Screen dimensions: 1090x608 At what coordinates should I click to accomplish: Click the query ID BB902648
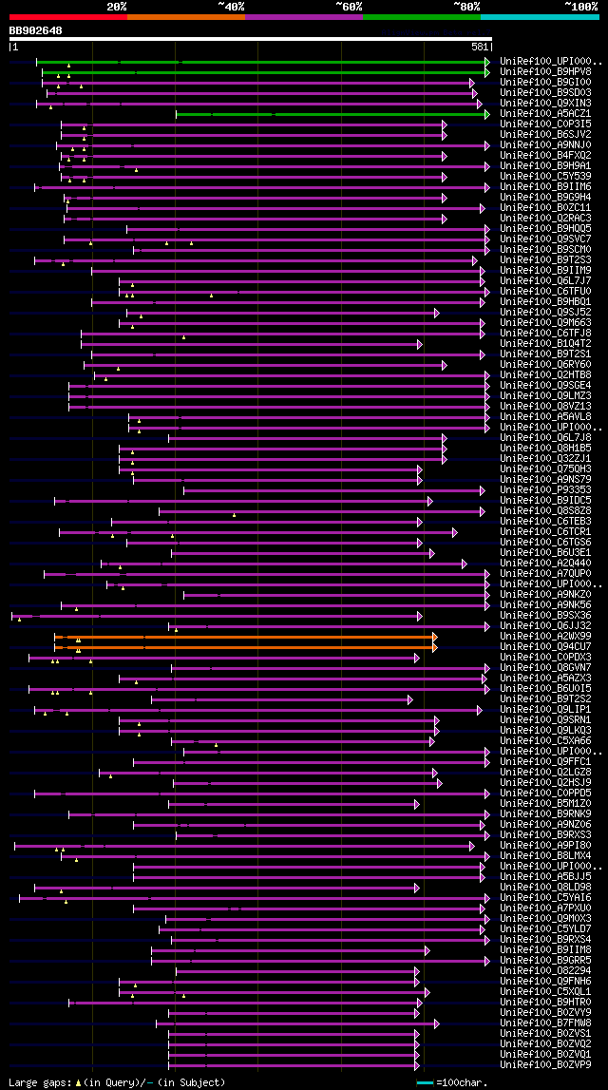36,30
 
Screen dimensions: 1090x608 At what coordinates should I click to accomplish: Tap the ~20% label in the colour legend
116,6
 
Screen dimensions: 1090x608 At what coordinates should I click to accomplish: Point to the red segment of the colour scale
67,16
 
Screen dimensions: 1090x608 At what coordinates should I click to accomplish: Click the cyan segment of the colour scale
539,16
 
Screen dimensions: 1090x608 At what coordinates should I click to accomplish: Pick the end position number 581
480,46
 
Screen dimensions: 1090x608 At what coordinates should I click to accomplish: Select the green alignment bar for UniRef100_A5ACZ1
332,114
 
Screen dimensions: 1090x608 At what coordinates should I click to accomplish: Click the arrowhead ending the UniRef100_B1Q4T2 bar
419,343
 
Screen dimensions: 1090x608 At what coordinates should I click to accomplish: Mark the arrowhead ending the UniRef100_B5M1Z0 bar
419,803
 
